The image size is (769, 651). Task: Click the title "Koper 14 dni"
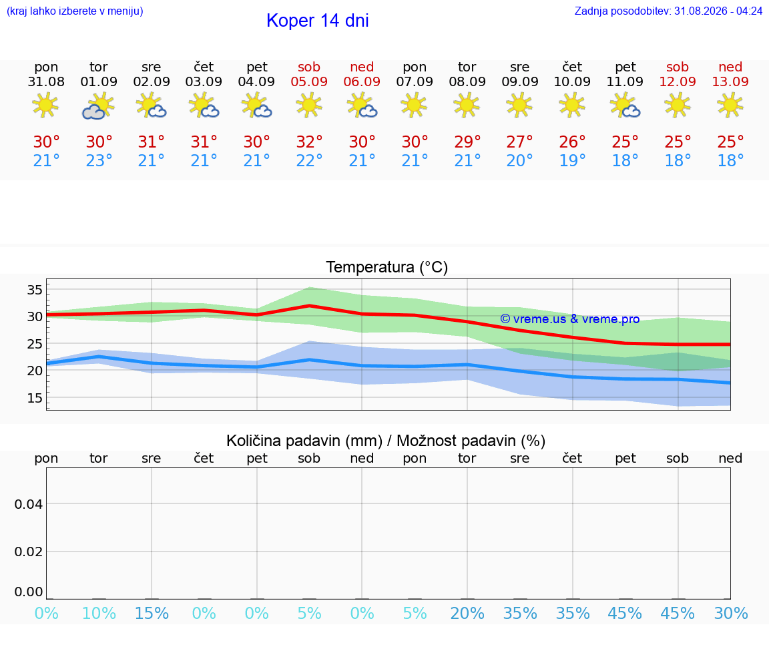point(317,21)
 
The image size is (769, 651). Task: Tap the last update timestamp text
point(668,11)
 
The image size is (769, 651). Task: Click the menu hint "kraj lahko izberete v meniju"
point(75,11)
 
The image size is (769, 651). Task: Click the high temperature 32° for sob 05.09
point(309,142)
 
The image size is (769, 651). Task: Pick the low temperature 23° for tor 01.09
point(99,160)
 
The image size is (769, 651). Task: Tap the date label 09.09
point(520,82)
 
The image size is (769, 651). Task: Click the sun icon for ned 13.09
point(730,105)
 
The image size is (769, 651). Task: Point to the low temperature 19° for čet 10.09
point(572,160)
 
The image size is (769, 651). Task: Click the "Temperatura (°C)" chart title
point(387,267)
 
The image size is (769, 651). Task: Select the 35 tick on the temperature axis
point(35,290)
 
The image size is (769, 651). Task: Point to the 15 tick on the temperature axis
point(35,398)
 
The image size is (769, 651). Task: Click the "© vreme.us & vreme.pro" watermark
point(570,319)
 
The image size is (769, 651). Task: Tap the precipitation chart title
point(385,441)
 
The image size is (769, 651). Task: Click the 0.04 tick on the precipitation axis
point(29,504)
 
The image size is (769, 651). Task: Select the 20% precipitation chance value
point(467,613)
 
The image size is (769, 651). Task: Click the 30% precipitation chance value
point(731,613)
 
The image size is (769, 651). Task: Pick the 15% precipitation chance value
point(152,613)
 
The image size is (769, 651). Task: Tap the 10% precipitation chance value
point(99,613)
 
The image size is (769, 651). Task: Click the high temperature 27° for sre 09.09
point(519,142)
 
